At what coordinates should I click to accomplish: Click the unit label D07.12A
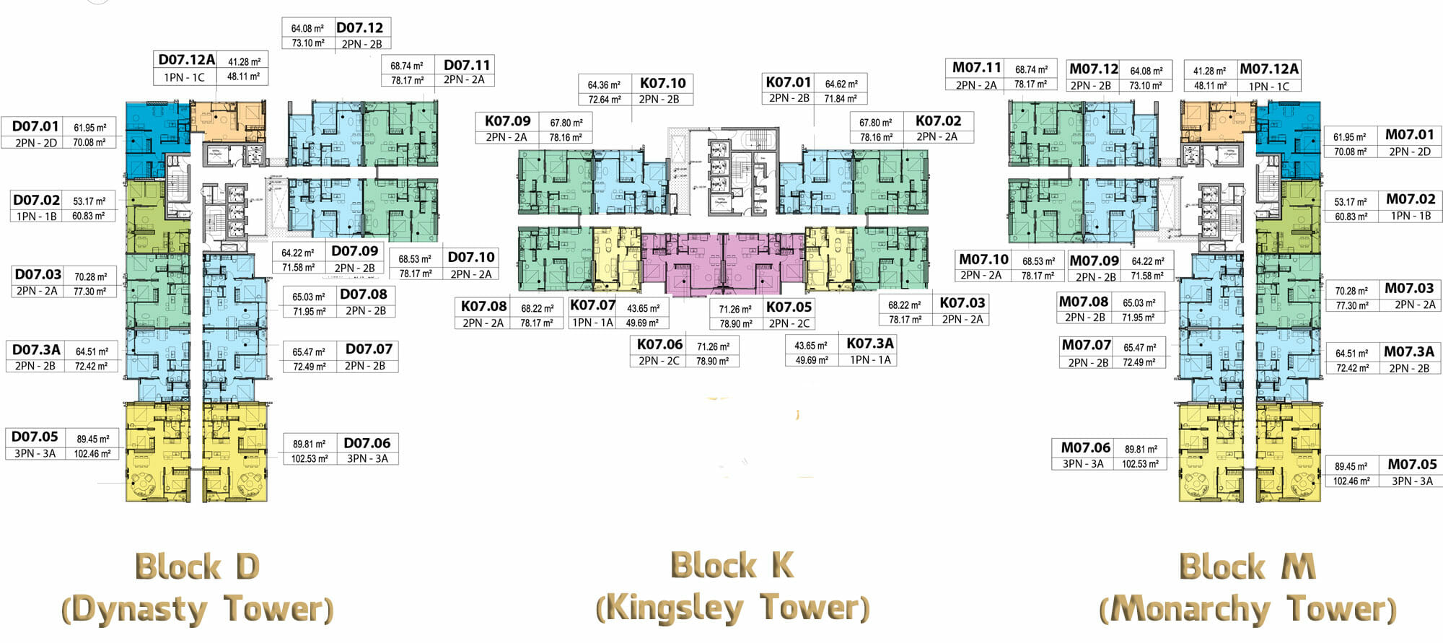187,60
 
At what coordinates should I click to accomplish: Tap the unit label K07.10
662,83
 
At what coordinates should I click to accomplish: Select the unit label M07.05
1412,465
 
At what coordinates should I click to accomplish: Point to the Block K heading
732,565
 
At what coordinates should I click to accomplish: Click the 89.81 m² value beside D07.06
309,444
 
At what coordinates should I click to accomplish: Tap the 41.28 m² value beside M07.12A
1209,71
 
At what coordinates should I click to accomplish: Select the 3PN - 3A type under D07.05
35,454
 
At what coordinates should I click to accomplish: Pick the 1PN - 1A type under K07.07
592,323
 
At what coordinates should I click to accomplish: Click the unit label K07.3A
869,344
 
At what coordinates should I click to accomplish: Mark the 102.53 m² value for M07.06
1140,464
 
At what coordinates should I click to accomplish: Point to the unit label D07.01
35,126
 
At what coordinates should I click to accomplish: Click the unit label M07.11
977,68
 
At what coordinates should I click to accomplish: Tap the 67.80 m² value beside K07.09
566,123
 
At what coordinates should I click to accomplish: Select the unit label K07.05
789,307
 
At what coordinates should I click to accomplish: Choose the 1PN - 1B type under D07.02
36,216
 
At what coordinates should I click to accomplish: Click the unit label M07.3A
1408,351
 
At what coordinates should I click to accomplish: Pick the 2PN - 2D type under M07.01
1409,152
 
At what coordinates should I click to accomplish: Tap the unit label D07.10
470,258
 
